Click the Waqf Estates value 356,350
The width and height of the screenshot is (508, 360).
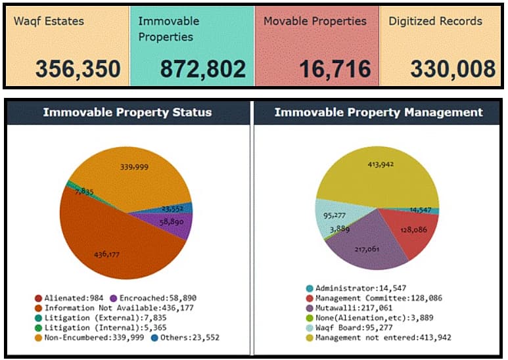point(78,69)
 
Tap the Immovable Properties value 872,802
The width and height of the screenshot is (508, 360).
point(202,69)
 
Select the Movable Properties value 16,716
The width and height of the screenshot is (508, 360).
point(335,69)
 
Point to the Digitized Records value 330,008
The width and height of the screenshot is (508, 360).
point(453,69)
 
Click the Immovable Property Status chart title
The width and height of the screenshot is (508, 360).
point(127,112)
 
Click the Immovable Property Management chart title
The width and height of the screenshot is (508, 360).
point(378,112)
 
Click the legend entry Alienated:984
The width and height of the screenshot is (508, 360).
point(60,298)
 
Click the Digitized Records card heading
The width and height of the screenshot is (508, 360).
point(435,21)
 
